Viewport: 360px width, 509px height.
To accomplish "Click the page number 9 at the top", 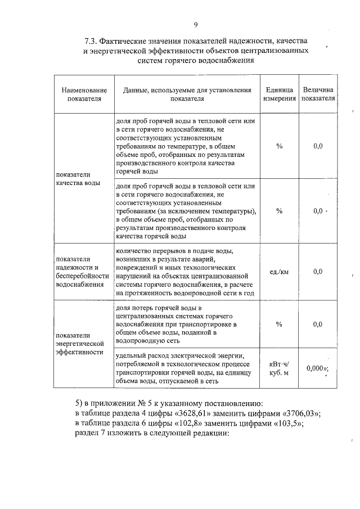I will (196, 24).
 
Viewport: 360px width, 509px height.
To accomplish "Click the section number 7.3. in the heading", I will (93, 41).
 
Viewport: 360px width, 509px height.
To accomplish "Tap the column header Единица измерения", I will (280, 93).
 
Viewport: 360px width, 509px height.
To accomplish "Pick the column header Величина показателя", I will (318, 93).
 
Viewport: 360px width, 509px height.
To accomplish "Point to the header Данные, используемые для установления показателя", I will (185, 93).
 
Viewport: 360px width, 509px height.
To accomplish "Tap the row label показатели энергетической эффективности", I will (80, 342).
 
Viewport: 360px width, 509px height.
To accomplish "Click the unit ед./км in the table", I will (280, 272).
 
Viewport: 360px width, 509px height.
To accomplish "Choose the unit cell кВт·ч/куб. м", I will (280, 368).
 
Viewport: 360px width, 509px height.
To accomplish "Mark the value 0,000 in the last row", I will (316, 368).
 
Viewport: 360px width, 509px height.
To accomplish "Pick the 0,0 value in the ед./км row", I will (318, 272).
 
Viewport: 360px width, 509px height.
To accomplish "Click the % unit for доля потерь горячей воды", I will (280, 325).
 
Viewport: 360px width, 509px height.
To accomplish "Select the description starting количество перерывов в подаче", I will (185, 272).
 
